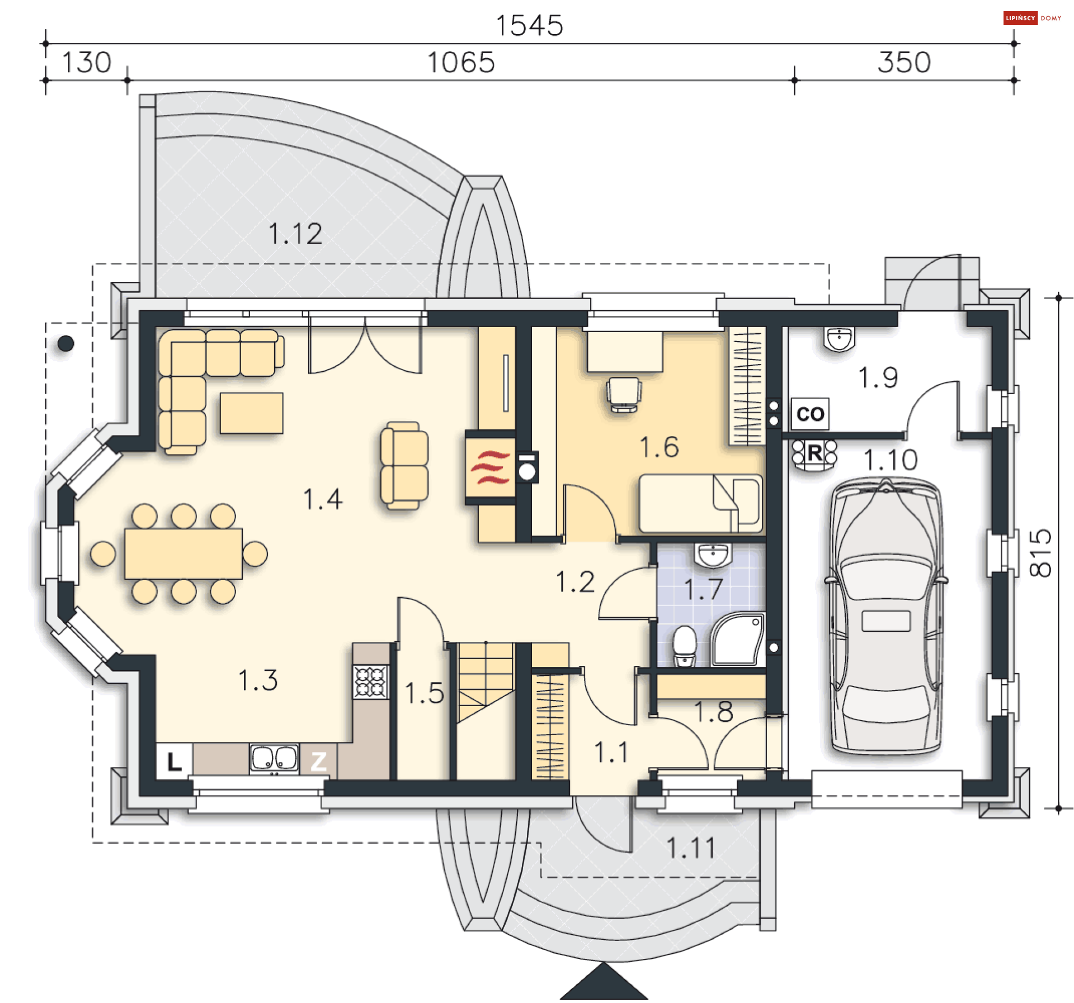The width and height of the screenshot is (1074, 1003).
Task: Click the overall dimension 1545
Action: (x=529, y=26)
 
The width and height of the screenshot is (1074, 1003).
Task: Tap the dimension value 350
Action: (x=903, y=62)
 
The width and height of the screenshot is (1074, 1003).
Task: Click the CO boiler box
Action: (x=809, y=414)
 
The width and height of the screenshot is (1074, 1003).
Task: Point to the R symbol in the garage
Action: (x=814, y=453)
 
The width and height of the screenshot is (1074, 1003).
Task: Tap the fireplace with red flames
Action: (x=491, y=467)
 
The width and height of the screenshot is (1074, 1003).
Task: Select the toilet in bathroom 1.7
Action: (x=684, y=646)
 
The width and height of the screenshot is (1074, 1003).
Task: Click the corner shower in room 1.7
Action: (x=737, y=638)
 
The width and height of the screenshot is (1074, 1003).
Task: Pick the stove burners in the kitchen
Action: (x=370, y=682)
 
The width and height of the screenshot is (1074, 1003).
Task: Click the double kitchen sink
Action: (x=274, y=759)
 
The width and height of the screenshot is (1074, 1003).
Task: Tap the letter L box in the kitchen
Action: (x=174, y=761)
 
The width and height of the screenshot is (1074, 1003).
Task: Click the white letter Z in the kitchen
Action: (x=318, y=761)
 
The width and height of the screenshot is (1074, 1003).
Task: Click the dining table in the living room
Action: (x=183, y=553)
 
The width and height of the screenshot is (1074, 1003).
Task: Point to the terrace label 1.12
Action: (x=295, y=234)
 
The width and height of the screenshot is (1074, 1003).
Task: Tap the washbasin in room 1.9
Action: (x=839, y=339)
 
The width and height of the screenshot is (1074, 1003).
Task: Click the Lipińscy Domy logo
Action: (x=1032, y=18)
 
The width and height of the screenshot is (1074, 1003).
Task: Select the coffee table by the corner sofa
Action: (x=251, y=413)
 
